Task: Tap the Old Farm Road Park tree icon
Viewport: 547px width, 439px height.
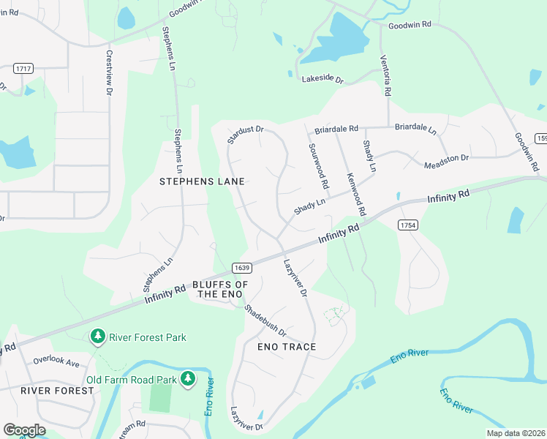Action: coord(189,379)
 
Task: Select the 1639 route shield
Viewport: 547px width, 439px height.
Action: coord(242,267)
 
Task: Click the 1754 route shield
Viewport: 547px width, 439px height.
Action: coord(408,225)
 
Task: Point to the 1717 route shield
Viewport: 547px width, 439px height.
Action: coord(23,68)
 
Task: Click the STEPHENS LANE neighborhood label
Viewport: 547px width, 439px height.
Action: coord(202,181)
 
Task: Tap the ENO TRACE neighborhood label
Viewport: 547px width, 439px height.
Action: coord(287,346)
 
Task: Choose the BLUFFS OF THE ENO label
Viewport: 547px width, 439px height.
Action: coord(221,289)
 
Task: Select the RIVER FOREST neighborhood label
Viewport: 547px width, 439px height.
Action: coord(57,391)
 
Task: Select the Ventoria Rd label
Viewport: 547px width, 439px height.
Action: coord(385,75)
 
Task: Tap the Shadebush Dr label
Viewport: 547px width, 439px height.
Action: coord(265,323)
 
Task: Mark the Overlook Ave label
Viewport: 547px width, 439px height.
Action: coord(56,362)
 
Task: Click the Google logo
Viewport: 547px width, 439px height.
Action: coord(24,430)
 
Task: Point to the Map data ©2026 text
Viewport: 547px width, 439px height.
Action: coord(516,433)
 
